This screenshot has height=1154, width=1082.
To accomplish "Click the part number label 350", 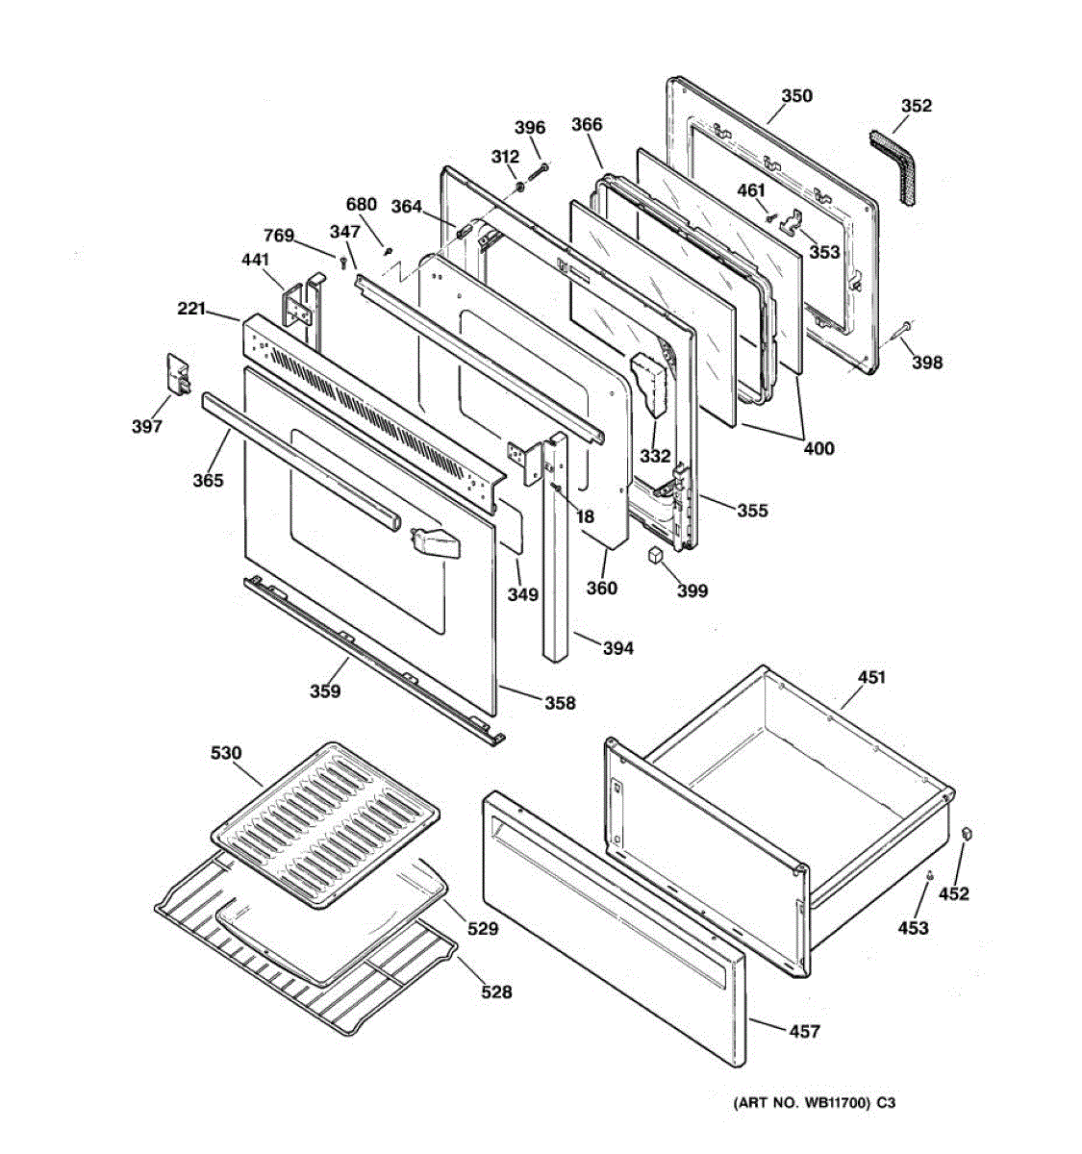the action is point(796,95).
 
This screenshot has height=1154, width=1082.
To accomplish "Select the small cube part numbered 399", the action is point(656,554).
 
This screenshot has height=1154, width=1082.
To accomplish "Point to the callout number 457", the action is point(804,1031).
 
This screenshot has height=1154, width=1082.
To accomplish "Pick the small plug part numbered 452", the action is point(968,834).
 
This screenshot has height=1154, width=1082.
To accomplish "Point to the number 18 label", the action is point(586,516).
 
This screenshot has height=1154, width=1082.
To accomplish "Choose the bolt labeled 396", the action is point(539,171).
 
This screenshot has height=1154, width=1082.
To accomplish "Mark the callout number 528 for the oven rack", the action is point(496,991).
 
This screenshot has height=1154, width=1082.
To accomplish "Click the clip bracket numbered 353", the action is point(793,224).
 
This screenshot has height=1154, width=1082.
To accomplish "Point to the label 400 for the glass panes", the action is point(818,448).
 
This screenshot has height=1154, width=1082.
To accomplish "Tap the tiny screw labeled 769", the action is point(343,263).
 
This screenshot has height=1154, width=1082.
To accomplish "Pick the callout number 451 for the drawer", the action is point(871,677).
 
